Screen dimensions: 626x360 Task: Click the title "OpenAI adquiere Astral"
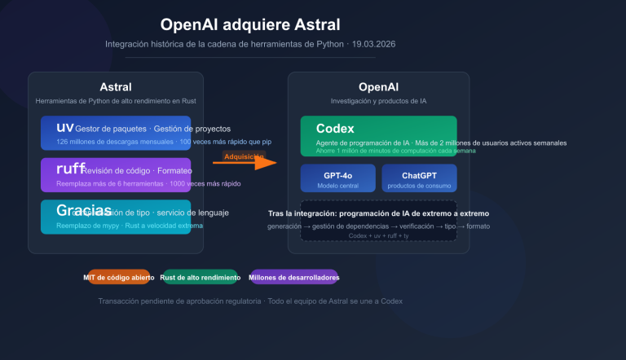[x=250, y=25]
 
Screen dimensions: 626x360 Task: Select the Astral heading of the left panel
[x=115, y=87]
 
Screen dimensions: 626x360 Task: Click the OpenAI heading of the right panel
[x=378, y=87]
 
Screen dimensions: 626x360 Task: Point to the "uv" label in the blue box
[x=65, y=128]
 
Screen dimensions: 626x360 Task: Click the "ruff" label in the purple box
[x=70, y=169]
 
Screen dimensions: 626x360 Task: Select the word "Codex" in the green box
[x=335, y=129]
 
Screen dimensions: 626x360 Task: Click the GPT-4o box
[x=337, y=178]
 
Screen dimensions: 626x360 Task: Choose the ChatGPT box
[x=419, y=178]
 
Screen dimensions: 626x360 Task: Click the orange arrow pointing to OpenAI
[x=245, y=163]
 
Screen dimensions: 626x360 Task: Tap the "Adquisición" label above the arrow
[x=244, y=156]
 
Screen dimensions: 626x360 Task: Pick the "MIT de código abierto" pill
[x=118, y=278]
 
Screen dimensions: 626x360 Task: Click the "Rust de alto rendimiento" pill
[x=201, y=278]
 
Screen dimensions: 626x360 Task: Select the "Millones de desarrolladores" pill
[x=294, y=278]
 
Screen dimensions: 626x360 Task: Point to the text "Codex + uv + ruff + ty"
[x=378, y=235]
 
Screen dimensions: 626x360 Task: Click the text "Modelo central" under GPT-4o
[x=337, y=186]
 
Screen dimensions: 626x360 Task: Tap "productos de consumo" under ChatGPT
[x=419, y=186]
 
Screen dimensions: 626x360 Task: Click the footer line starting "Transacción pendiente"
[x=250, y=301]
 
